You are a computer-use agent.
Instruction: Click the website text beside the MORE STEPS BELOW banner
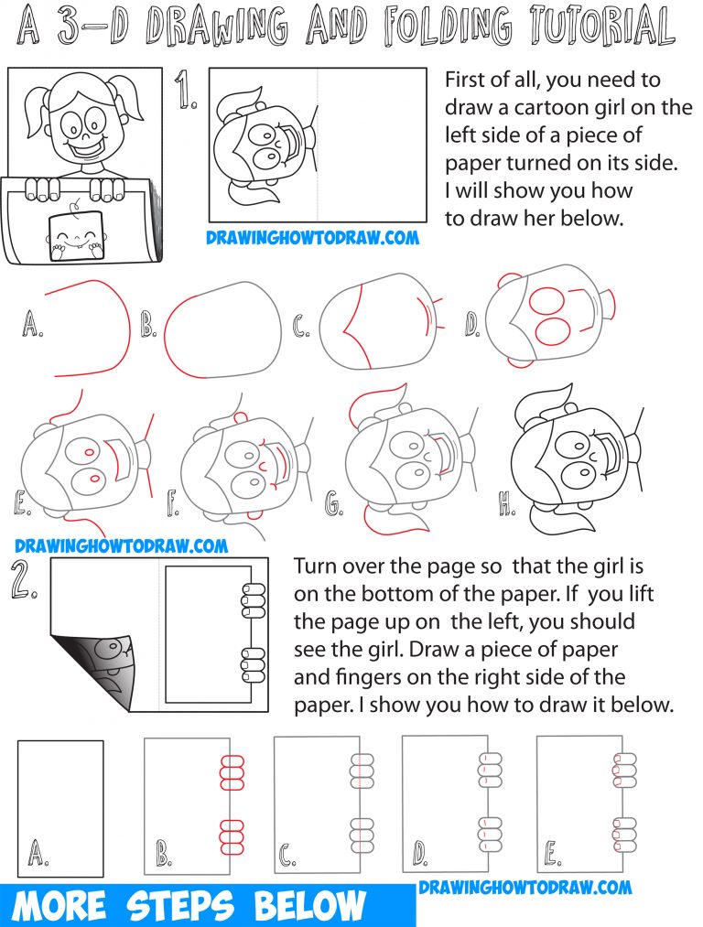point(525,886)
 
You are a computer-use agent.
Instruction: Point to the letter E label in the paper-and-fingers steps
point(552,855)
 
